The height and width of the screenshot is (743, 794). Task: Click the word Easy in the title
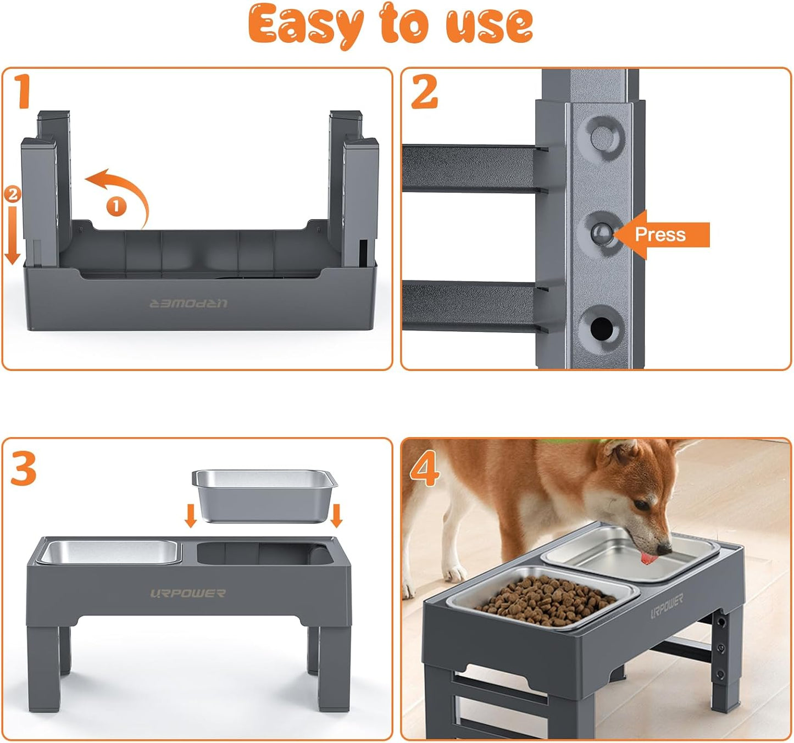coord(306,25)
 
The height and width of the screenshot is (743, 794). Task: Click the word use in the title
coord(488,25)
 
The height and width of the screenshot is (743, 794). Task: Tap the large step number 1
coord(23,92)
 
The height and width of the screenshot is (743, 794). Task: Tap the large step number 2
coord(424,92)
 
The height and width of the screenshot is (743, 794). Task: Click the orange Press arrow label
coord(662,234)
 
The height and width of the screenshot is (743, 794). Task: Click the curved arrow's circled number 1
coord(116,206)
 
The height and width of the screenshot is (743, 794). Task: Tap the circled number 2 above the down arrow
coord(12,194)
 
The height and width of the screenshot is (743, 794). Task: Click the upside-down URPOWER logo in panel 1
coord(188,303)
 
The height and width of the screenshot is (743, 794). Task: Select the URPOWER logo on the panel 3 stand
coord(188,593)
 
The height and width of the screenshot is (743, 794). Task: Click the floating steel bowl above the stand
coord(264,494)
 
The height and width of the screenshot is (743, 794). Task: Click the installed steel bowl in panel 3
coord(109,552)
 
